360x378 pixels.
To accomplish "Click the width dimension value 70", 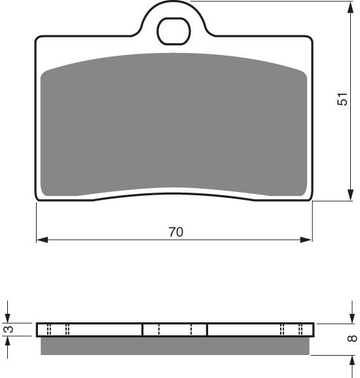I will click(x=175, y=231).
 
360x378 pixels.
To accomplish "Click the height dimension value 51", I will click(x=341, y=100).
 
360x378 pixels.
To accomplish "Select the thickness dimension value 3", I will click(x=8, y=330).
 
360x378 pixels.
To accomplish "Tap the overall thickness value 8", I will click(x=351, y=339).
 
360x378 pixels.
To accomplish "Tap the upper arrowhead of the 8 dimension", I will click(x=347, y=317).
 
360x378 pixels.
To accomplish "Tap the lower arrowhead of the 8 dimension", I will click(x=347, y=360).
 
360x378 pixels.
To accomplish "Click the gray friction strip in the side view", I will click(x=175, y=345).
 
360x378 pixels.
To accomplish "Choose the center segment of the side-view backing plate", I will click(x=175, y=330).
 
